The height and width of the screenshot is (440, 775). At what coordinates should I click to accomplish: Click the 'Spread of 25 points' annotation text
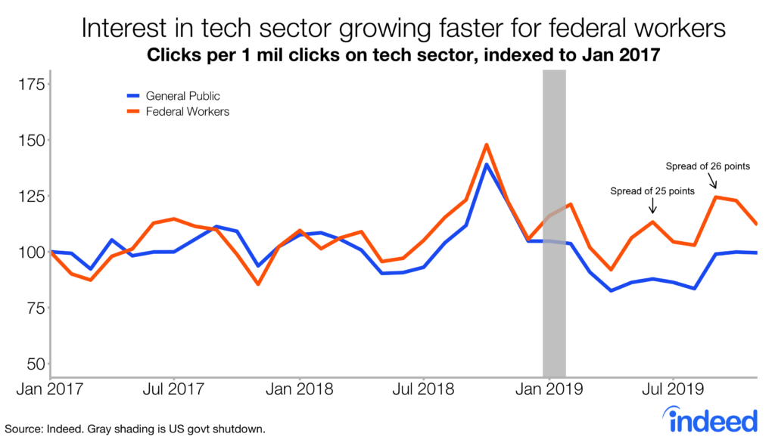[652, 191]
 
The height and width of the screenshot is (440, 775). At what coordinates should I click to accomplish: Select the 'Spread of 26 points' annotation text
[707, 166]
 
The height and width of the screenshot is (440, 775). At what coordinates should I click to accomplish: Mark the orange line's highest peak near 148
[487, 144]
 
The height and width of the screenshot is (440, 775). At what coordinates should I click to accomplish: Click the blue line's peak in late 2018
[486, 165]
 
